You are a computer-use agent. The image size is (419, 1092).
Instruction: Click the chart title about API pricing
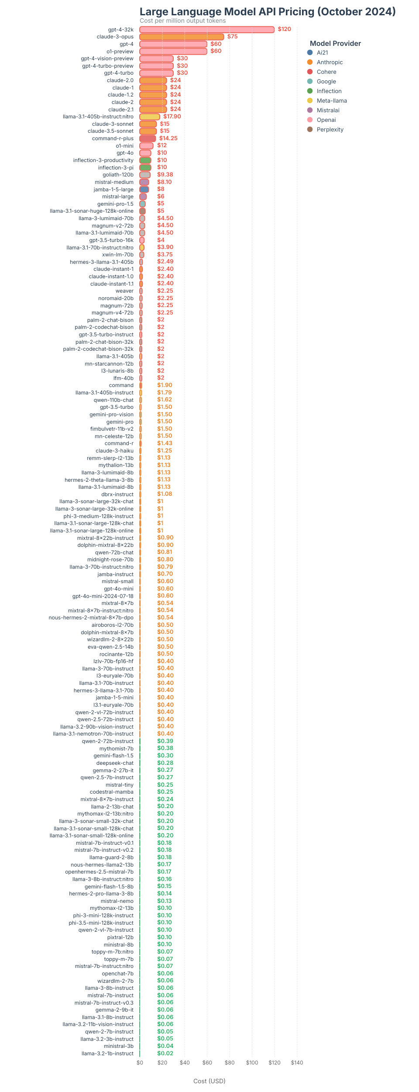pyautogui.click(x=268, y=11)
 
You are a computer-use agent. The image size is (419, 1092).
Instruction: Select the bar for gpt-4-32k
pyautogui.click(x=207, y=30)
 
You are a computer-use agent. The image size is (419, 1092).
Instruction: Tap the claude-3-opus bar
pyautogui.click(x=182, y=37)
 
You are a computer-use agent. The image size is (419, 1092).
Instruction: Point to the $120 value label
pyautogui.click(x=284, y=29)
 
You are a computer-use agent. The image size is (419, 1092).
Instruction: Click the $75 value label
pyautogui.click(x=232, y=37)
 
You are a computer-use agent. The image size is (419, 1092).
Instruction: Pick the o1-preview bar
pyautogui.click(x=173, y=52)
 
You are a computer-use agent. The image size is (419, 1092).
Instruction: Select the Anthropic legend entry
pyautogui.click(x=330, y=62)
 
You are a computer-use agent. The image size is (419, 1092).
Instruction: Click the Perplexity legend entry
pyautogui.click(x=330, y=130)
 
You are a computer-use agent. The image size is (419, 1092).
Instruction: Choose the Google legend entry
pyautogui.click(x=326, y=82)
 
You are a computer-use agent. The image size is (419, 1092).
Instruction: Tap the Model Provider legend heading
pyautogui.click(x=335, y=43)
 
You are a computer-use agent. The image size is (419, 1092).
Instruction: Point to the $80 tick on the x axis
pyautogui.click(x=230, y=1062)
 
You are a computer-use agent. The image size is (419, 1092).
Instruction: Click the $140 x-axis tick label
pyautogui.click(x=297, y=1062)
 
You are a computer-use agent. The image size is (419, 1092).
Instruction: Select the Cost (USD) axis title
pyautogui.click(x=209, y=1081)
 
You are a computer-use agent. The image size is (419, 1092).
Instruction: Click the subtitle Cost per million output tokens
pyautogui.click(x=182, y=21)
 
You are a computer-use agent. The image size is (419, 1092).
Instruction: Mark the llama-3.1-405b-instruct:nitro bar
pyautogui.click(x=150, y=117)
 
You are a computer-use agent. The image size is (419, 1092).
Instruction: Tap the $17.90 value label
pyautogui.click(x=172, y=117)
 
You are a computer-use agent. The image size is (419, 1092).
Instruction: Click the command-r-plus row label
pyautogui.click(x=113, y=138)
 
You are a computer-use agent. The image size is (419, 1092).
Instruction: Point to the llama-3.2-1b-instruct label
pyautogui.click(x=107, y=1054)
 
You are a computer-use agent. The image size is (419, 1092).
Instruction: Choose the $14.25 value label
pyautogui.click(x=168, y=138)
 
